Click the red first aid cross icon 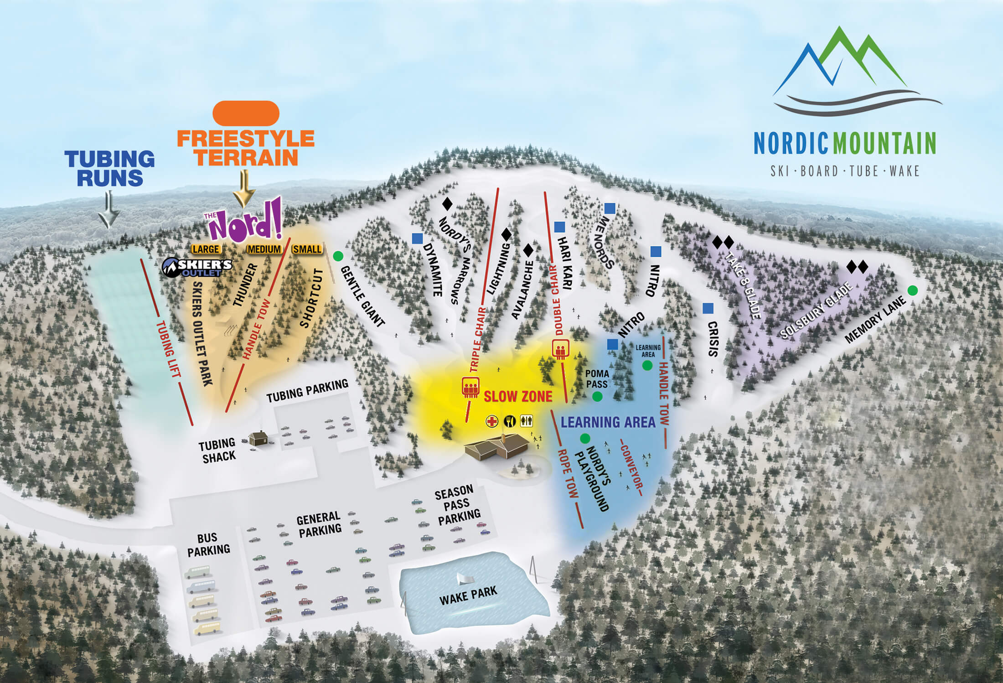point(492,421)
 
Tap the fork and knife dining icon point(510,421)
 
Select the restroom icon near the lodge point(526,421)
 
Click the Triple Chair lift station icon point(470,387)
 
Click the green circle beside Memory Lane point(912,290)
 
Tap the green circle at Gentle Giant point(338,256)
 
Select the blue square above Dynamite point(417,238)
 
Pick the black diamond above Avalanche point(528,250)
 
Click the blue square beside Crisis point(708,308)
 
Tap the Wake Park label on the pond point(468,595)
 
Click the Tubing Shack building point(258,439)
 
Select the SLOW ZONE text point(518,396)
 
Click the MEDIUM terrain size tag point(264,249)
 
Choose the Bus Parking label point(208,544)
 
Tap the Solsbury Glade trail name point(816,311)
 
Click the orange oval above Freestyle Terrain point(246,113)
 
